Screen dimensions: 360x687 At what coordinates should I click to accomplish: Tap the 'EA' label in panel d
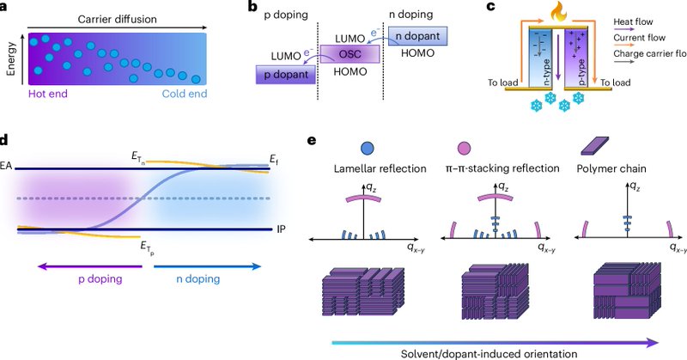(x=7, y=164)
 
